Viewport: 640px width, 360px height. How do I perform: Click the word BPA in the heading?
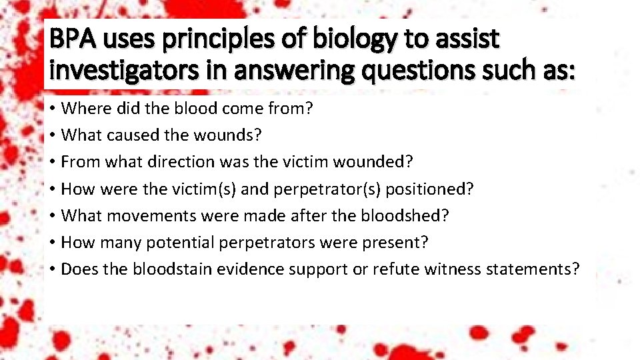pos(72,40)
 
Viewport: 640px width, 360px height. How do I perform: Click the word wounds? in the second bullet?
pos(228,135)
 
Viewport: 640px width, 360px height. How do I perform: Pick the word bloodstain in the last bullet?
pos(169,269)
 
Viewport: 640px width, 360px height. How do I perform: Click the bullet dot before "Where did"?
pos(51,109)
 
